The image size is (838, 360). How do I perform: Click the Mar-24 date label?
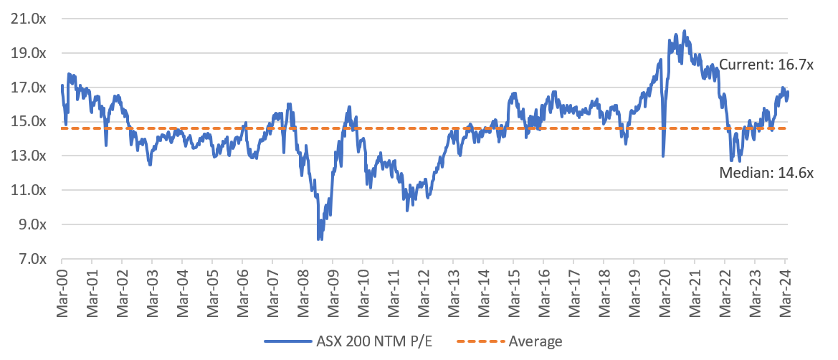pos(784,290)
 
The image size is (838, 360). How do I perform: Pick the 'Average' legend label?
pos(535,341)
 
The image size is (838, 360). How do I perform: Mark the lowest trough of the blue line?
pos(319,239)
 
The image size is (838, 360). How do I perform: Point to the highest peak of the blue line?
pos(685,31)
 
